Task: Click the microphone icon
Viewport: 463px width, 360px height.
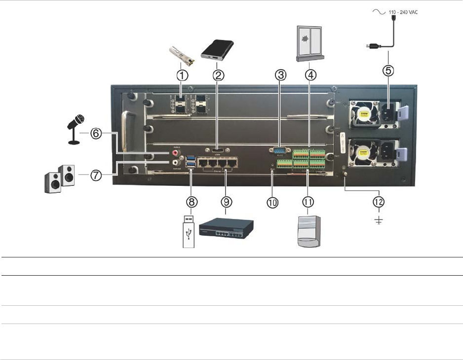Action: pyautogui.click(x=75, y=129)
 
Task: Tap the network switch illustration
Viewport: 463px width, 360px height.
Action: pyautogui.click(x=226, y=229)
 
